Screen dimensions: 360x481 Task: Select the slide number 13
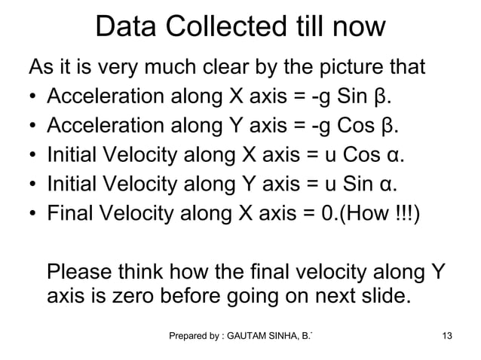tap(447, 334)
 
